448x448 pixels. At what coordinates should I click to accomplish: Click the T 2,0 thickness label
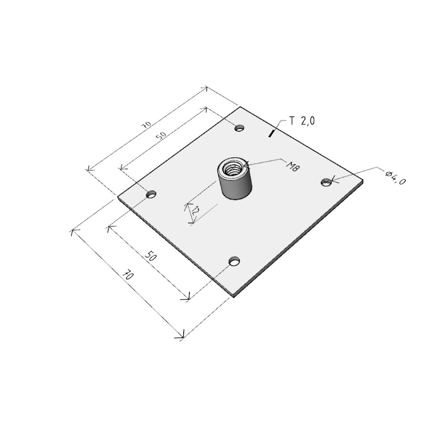302,121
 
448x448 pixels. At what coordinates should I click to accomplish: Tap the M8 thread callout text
293,166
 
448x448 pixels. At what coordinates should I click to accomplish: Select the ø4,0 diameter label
395,177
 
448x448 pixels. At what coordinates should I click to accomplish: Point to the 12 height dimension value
196,211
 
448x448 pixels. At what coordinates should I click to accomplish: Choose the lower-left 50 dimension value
151,256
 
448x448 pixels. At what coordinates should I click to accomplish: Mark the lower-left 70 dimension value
128,275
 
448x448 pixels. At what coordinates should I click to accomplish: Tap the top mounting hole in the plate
240,128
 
